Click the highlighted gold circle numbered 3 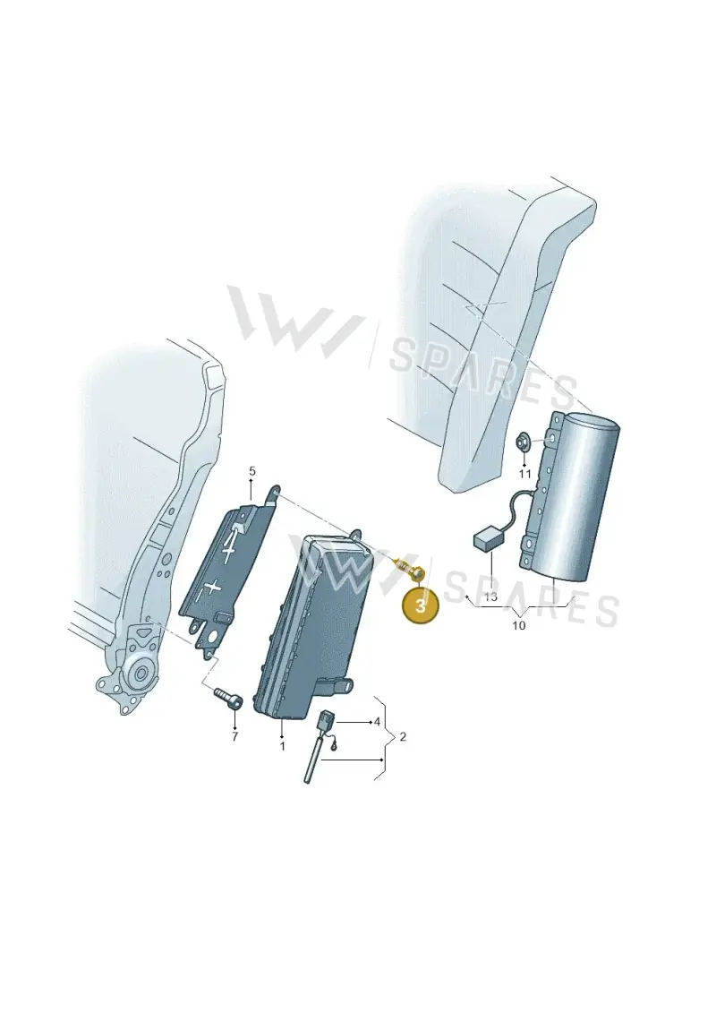click(421, 606)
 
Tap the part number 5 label click(252, 470)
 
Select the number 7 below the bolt click(234, 735)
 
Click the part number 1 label click(282, 746)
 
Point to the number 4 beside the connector click(377, 722)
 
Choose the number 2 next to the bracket click(403, 736)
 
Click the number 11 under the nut click(524, 474)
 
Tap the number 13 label click(490, 597)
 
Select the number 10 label click(519, 625)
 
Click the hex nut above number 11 click(523, 442)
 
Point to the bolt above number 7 click(229, 698)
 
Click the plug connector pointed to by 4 click(325, 720)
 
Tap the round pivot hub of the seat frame click(141, 674)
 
